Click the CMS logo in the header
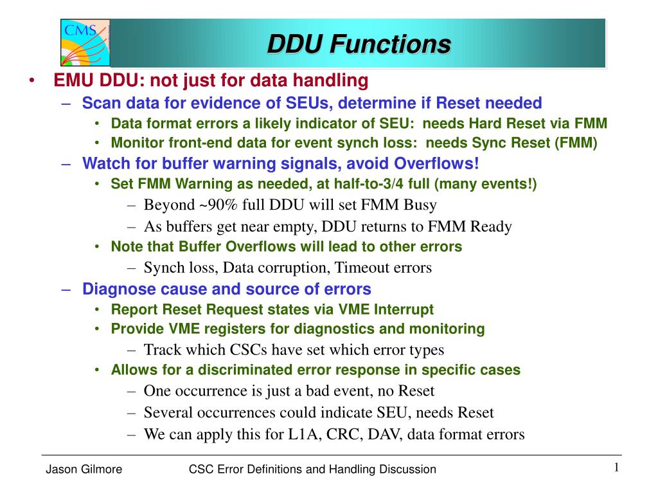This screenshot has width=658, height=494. point(85,42)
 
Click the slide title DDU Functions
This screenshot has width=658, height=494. point(359,44)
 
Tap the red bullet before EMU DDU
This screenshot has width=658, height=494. point(32,80)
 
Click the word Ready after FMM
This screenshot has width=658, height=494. point(490,227)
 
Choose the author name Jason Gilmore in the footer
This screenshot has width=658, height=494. point(84,469)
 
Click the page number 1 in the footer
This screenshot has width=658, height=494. point(616,467)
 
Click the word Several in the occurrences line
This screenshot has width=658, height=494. point(168,412)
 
